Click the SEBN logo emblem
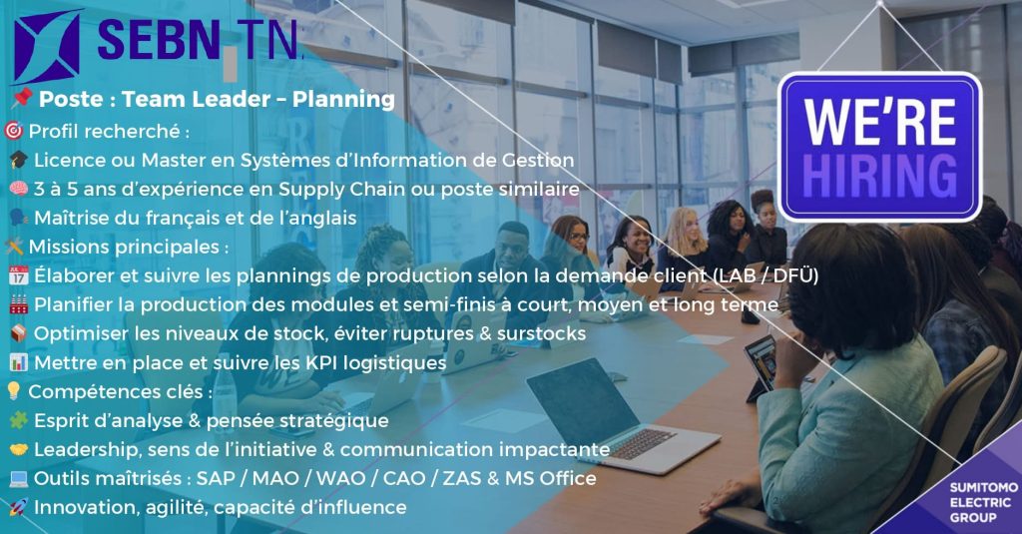(x=47, y=46)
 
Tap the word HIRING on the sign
(x=879, y=176)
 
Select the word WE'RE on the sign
(x=879, y=122)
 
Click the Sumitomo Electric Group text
(x=983, y=502)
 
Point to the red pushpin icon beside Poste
(x=22, y=99)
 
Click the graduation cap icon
(x=18, y=160)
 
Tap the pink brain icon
(x=18, y=189)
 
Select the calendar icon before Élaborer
(x=18, y=275)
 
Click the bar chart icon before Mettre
(x=18, y=362)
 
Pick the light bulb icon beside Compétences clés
(x=13, y=391)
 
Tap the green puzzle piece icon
(x=18, y=420)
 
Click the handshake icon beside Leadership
(x=18, y=449)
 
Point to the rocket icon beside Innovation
(x=18, y=507)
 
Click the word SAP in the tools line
(x=216, y=478)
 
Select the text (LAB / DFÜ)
(x=766, y=275)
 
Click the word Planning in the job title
(x=343, y=100)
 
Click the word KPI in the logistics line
(x=321, y=362)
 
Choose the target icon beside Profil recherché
(x=13, y=131)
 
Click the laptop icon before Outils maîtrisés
(x=18, y=478)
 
